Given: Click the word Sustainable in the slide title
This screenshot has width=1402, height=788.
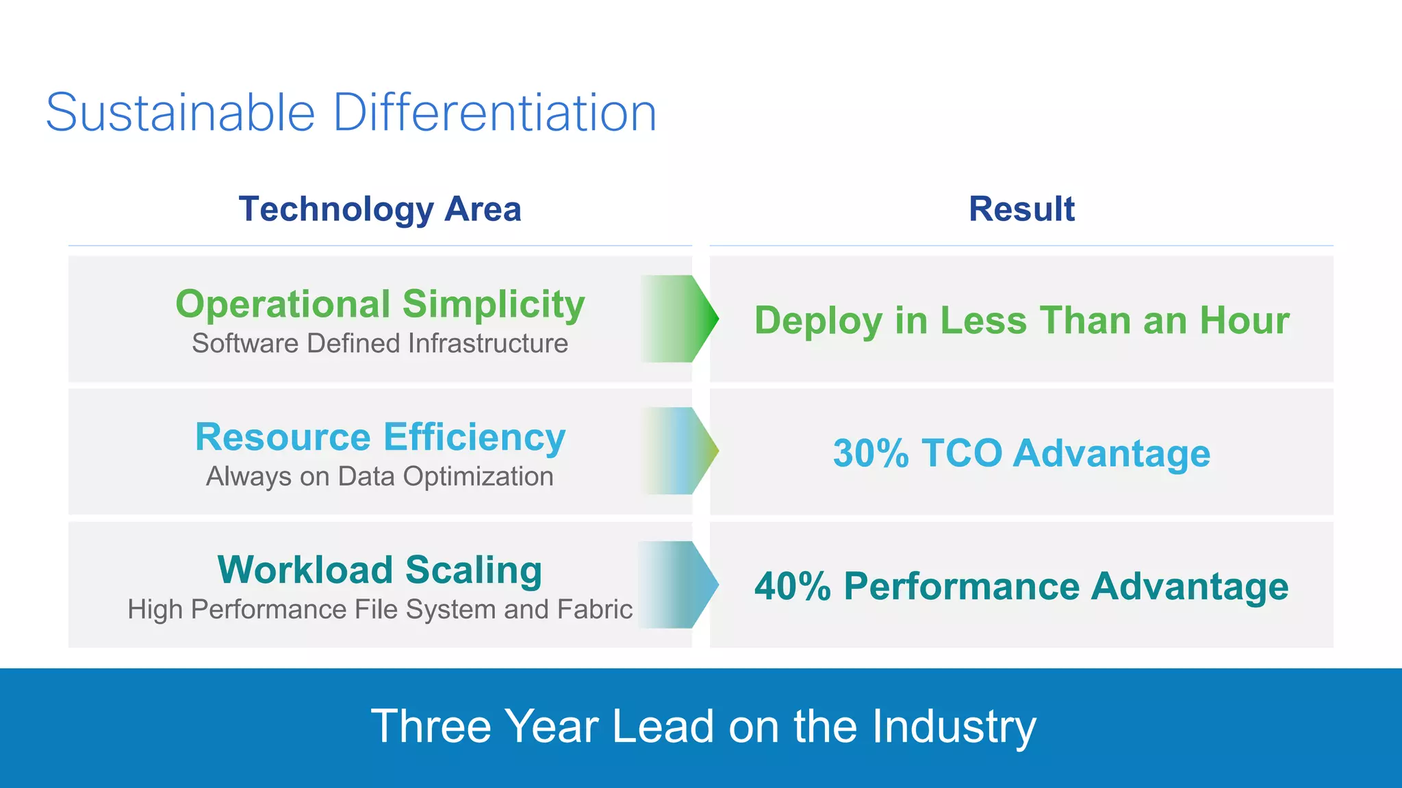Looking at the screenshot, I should (180, 113).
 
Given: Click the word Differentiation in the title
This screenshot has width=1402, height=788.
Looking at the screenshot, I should (494, 113).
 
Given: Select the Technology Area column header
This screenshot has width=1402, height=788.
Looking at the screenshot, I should (380, 209).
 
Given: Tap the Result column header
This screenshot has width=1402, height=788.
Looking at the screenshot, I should (1021, 209).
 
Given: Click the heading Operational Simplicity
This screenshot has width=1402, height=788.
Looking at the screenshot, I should (380, 304).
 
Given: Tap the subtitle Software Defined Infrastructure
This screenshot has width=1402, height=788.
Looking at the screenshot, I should (380, 343).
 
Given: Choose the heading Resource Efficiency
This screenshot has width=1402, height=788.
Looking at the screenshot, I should (380, 436).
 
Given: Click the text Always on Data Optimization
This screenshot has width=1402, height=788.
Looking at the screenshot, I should (380, 477).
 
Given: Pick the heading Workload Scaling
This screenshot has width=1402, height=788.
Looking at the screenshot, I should (380, 570).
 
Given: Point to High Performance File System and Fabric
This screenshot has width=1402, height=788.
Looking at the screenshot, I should (380, 609).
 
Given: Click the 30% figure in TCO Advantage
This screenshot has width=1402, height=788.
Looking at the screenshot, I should (870, 454).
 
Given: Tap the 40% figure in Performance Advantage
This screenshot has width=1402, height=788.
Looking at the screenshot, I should (792, 587).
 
